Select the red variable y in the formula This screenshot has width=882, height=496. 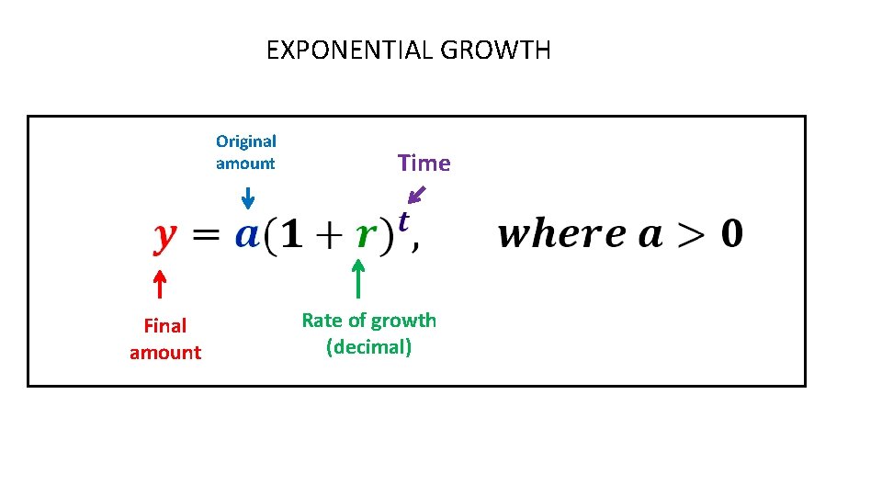pyautogui.click(x=163, y=238)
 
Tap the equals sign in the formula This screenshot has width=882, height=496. pyautogui.click(x=208, y=235)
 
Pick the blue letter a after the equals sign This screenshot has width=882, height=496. pyautogui.click(x=246, y=235)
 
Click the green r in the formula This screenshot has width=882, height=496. pyautogui.click(x=366, y=236)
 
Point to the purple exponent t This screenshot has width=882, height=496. pyautogui.click(x=402, y=220)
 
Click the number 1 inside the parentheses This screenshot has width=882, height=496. pyautogui.click(x=291, y=235)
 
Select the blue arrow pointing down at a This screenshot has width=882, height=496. pyautogui.click(x=247, y=197)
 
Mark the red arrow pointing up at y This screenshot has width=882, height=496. pyautogui.click(x=158, y=284)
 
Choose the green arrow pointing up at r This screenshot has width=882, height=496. pyautogui.click(x=358, y=279)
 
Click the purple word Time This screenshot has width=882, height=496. pyautogui.click(x=424, y=163)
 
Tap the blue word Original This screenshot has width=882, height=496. pyautogui.click(x=246, y=141)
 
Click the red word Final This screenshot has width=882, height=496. pyautogui.click(x=165, y=325)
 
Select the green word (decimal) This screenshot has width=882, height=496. pyautogui.click(x=368, y=347)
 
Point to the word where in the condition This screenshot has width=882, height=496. pyautogui.click(x=554, y=234)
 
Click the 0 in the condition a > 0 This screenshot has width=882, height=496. pyautogui.click(x=731, y=234)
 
